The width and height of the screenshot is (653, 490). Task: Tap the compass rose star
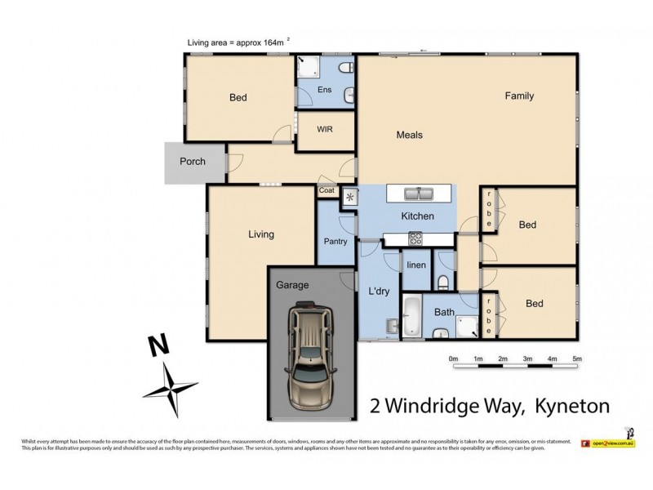[170, 387]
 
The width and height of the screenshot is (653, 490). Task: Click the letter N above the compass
[155, 345]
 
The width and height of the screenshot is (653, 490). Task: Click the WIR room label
[324, 129]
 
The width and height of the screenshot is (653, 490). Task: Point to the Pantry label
[335, 241]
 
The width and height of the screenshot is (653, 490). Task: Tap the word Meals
[410, 136]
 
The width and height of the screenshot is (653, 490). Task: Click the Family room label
[519, 96]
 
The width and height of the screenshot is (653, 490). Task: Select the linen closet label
[416, 266]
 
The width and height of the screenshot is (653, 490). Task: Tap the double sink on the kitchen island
[420, 194]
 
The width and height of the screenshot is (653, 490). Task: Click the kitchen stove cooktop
[415, 238]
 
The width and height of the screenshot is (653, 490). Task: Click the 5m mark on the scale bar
[576, 359]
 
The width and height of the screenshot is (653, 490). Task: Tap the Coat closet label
[326, 191]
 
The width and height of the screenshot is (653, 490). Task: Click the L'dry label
[378, 292]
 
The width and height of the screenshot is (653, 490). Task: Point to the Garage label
[292, 285]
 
